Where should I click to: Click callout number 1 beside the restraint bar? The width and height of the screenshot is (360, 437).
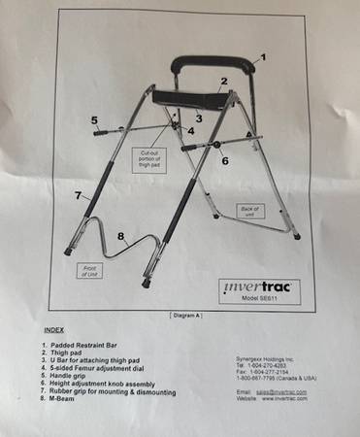(261, 57)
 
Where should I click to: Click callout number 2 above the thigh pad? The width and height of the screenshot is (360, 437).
(224, 82)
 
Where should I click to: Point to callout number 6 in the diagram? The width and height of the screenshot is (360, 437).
(225, 161)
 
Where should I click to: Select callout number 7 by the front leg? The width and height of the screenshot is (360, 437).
(78, 195)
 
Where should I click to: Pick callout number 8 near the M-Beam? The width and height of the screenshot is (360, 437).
(121, 235)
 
